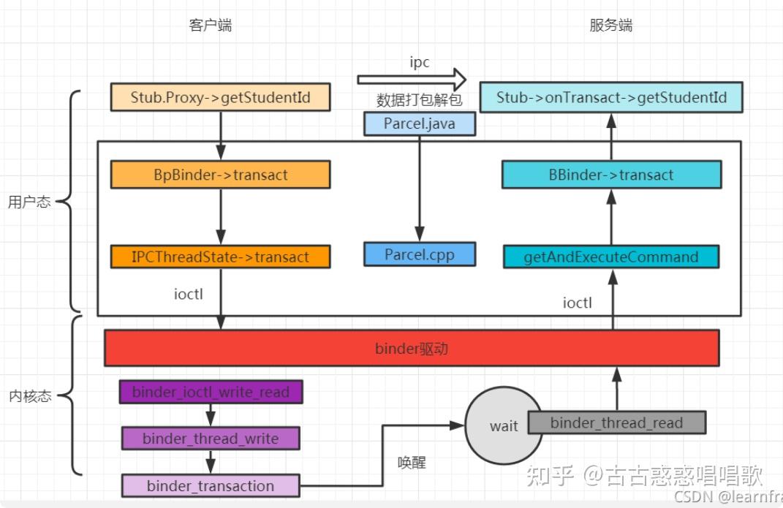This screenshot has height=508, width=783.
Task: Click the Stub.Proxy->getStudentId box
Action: point(220,97)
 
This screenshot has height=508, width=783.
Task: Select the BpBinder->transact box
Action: point(220,175)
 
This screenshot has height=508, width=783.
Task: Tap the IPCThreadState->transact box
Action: point(220,257)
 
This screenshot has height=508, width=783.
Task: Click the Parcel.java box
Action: point(419,124)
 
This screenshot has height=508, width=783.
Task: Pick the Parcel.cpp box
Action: point(419,254)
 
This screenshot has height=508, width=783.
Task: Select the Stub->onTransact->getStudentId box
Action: point(611,97)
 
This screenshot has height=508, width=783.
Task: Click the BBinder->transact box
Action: point(611,175)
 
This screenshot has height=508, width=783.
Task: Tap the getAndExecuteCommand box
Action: point(611,257)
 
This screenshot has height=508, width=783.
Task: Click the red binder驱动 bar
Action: point(412,348)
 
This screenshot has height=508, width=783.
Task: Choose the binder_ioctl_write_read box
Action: point(211,393)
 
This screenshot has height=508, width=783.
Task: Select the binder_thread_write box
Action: point(211,439)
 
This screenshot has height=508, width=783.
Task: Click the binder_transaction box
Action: point(211,486)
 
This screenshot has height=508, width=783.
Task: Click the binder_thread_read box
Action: point(616,422)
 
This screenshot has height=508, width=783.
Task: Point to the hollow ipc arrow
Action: point(412,79)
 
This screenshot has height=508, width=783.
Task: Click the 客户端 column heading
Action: point(211,26)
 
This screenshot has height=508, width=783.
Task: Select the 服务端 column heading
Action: point(610,26)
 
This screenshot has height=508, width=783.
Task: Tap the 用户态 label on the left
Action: point(29,202)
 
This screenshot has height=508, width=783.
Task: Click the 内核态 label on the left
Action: point(29,396)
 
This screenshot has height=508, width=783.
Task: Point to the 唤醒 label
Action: point(412,463)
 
